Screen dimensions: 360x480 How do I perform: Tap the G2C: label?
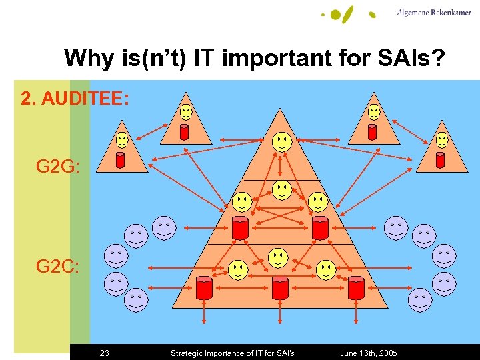coord(59,267)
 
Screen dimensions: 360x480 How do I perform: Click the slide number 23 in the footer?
coord(104,353)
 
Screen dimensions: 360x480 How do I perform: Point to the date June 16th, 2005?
coord(368,353)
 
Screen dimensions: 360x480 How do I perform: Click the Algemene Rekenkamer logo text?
coord(433,13)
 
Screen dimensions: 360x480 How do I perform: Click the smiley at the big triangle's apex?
coord(281,141)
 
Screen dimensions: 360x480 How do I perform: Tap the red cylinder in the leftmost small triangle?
coord(121,160)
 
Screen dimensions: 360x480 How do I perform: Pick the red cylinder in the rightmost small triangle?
coord(439,160)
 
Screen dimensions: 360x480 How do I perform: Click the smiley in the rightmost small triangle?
coord(442,139)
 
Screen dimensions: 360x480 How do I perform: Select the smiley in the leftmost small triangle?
coord(123,139)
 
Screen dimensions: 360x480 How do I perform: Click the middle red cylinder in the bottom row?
coord(280,287)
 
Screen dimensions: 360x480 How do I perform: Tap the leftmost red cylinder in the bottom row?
coord(204,287)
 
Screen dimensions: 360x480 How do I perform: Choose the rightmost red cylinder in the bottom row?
coord(357,287)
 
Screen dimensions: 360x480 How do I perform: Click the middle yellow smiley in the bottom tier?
coord(278,257)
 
